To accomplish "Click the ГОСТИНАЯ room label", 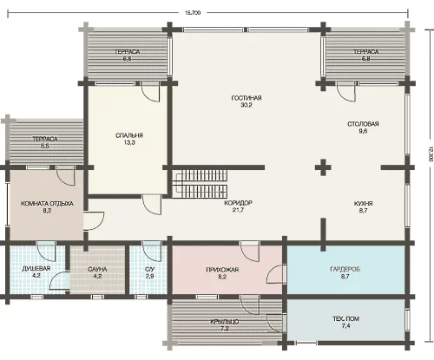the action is tap(247, 98).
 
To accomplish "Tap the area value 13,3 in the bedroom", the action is tap(129, 142).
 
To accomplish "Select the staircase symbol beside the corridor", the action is tap(200, 184).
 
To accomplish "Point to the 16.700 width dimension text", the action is tap(193, 13).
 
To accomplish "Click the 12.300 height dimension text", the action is tap(431, 154).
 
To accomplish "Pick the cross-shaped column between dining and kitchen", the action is tap(323, 167).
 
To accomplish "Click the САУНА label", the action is tap(97, 270).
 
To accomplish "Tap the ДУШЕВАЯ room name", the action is tap(36, 268).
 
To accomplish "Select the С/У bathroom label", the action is tap(149, 269).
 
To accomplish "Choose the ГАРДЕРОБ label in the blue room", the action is tap(345, 269).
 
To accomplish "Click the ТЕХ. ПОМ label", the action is tap(345, 318).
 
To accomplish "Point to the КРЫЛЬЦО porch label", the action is tap(225, 322).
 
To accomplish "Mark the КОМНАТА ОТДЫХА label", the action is tap(47, 204).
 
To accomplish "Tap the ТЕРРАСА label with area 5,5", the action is tap(44, 139).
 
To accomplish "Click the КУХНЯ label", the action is tap(363, 203).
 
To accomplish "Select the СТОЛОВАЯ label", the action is tap(363, 124).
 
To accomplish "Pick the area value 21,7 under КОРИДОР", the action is tap(238, 210).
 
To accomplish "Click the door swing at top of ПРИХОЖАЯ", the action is tap(250, 251).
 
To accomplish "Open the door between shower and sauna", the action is tap(60, 280).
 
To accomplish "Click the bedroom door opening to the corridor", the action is tap(152, 205).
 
